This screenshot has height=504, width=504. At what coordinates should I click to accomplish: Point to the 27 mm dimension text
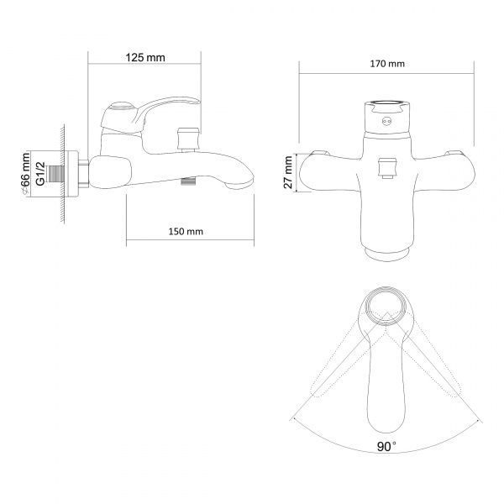[x=288, y=174]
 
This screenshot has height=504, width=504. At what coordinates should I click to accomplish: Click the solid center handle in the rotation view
[x=386, y=378]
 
